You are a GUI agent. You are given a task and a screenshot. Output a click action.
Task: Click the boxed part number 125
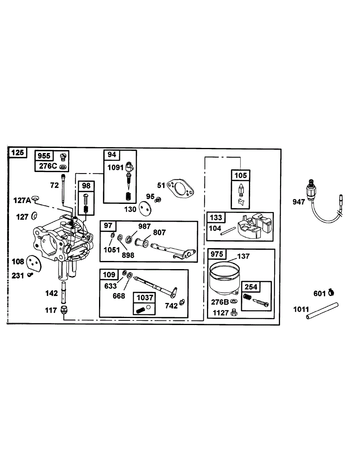click(17, 153)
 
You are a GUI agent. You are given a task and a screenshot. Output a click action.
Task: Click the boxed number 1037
click(143, 297)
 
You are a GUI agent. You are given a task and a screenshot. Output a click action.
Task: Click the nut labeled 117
click(64, 311)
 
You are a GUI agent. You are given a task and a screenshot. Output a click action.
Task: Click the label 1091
click(115, 168)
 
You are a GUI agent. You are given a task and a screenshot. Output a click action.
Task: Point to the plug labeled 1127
click(234, 311)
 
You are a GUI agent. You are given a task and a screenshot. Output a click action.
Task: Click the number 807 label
click(159, 233)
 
